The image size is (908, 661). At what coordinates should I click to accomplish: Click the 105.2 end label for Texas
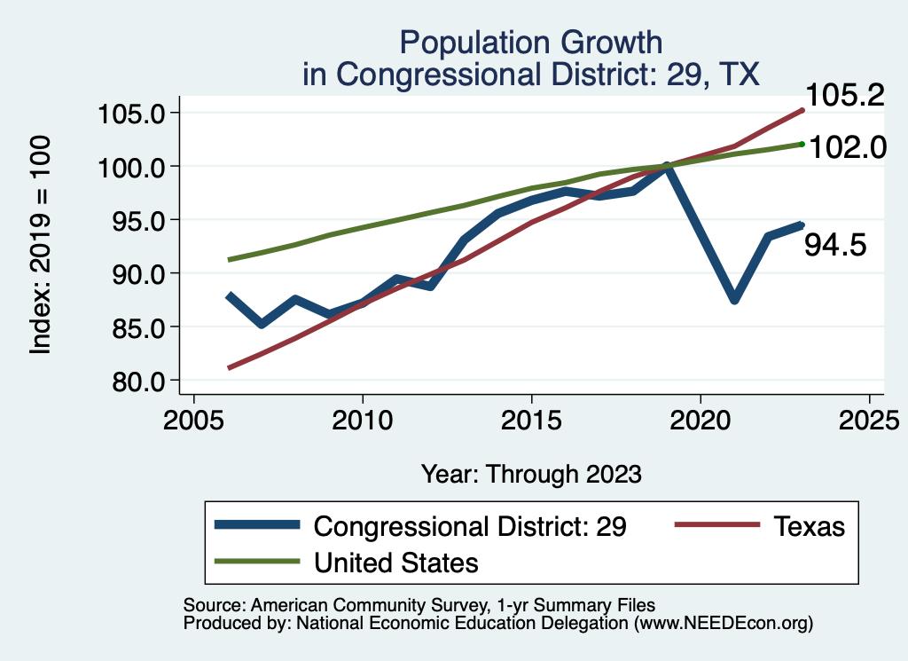click(x=844, y=96)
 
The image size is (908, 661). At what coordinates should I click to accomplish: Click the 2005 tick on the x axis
click(x=193, y=419)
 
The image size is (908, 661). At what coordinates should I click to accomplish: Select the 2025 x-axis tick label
click(x=870, y=419)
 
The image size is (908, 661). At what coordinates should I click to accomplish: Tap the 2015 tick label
click(x=531, y=419)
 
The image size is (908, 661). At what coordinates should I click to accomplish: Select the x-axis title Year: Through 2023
click(x=531, y=474)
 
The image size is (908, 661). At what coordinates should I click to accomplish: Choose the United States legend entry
click(x=396, y=562)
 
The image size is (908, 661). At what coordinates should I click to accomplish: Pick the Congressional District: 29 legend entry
click(x=471, y=526)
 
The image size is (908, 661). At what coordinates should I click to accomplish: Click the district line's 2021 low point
click(x=734, y=299)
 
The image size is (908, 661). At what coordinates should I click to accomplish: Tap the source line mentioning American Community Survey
click(x=419, y=604)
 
